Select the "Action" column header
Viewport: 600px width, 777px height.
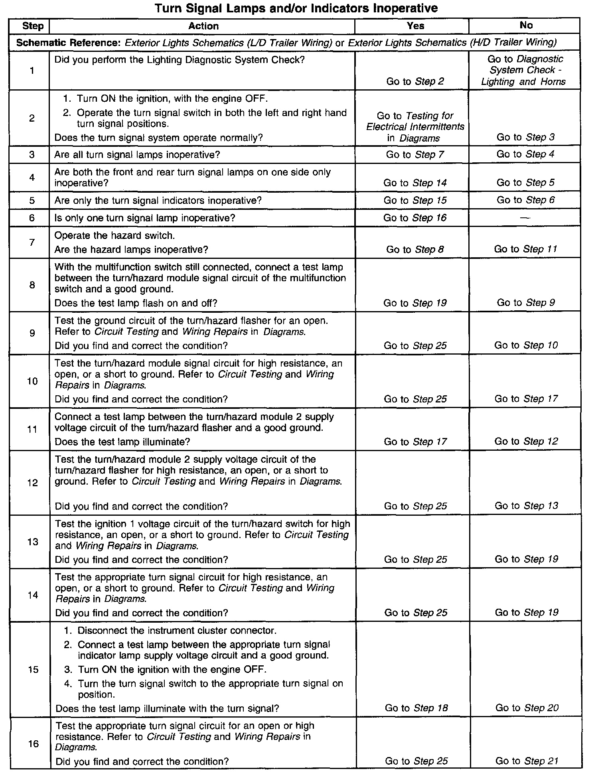[x=203, y=26]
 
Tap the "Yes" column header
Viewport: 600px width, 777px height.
[x=415, y=26]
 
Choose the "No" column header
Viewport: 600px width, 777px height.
[x=526, y=25]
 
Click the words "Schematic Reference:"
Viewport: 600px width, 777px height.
[x=68, y=43]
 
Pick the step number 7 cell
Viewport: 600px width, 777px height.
[x=32, y=242]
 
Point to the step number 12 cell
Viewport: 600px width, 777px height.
[x=32, y=483]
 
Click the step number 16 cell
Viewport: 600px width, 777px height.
[x=34, y=744]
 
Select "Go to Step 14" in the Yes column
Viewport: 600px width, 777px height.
[x=415, y=183]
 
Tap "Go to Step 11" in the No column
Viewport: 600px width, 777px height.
[x=525, y=249]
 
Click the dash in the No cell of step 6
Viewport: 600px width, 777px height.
[x=525, y=218]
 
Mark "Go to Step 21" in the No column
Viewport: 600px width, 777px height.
[x=527, y=761]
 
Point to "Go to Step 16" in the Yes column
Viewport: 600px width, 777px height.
[x=415, y=218]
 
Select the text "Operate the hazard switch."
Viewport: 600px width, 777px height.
[x=114, y=235]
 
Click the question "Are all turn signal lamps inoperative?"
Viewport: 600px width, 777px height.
[x=137, y=154]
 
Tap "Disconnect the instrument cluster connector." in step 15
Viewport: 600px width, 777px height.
[x=177, y=630]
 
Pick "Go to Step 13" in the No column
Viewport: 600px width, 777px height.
[x=526, y=506]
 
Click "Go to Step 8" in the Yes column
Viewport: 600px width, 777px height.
[x=415, y=250]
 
